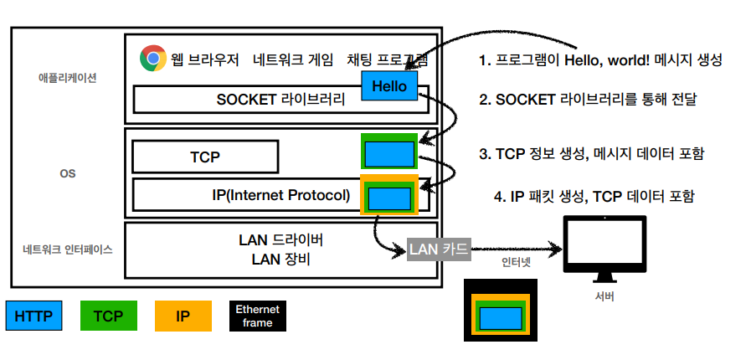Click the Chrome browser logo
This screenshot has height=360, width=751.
click(x=152, y=58)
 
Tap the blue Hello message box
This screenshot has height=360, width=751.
click(x=389, y=85)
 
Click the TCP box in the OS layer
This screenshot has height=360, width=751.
click(x=205, y=157)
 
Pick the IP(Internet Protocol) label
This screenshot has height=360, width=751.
click(x=281, y=196)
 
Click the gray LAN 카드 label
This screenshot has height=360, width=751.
click(x=439, y=249)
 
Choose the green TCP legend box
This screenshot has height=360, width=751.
click(x=108, y=316)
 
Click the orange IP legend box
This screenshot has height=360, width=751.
click(x=183, y=316)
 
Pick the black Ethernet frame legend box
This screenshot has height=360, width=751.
click(x=258, y=316)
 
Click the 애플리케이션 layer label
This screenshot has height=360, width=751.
click(x=68, y=78)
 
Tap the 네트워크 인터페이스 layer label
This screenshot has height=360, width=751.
click(x=68, y=249)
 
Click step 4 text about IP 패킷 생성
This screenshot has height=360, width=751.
click(x=594, y=197)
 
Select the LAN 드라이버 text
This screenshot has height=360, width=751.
click(x=281, y=240)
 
